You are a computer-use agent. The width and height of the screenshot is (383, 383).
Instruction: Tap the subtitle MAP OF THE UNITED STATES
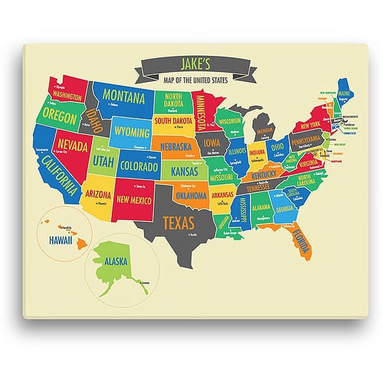195,80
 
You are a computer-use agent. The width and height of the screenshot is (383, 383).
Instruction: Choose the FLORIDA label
301,241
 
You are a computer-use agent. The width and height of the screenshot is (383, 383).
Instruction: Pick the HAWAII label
61,240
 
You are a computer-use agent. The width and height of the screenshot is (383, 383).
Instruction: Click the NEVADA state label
72,146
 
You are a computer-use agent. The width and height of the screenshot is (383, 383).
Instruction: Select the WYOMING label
132,133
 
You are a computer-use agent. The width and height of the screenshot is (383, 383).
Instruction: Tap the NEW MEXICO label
134,200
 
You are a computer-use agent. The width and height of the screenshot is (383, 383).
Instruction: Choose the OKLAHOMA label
191,195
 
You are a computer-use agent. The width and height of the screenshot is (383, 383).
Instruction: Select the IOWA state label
211,143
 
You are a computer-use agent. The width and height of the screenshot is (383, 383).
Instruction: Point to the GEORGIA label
285,209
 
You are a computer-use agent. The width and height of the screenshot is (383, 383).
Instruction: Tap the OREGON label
59,115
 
